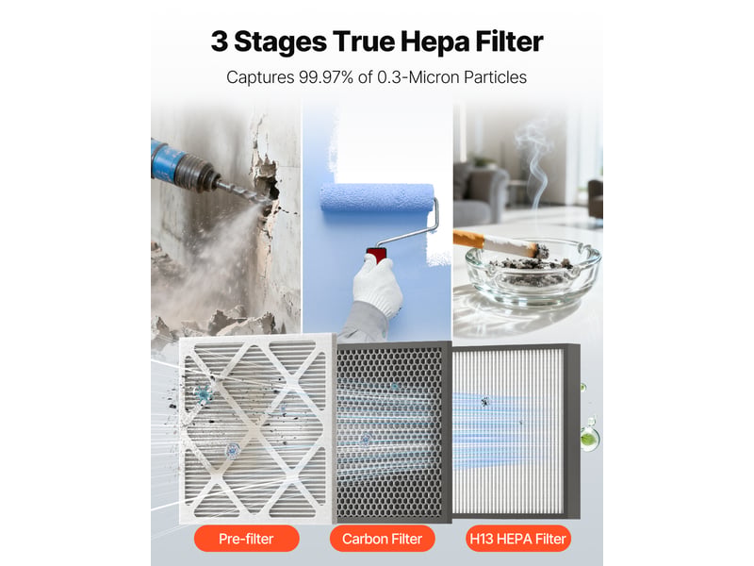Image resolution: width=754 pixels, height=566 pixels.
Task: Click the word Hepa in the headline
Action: pos(434,42)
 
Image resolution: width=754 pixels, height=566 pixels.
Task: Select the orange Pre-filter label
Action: pos(246,539)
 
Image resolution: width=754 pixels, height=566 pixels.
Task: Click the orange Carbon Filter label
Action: pos(383,539)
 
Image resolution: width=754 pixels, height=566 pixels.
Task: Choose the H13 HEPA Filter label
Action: pos(517,539)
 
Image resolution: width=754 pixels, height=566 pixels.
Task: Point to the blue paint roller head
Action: pos(377,197)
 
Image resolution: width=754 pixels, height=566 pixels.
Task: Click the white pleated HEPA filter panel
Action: pos(510,431)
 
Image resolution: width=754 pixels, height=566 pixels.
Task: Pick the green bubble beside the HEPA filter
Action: pos(590,439)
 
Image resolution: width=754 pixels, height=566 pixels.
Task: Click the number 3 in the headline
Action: pos(220,42)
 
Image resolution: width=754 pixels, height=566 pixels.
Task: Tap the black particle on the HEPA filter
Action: pos(484,401)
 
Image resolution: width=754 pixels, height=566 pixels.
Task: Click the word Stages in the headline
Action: pos(280,42)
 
